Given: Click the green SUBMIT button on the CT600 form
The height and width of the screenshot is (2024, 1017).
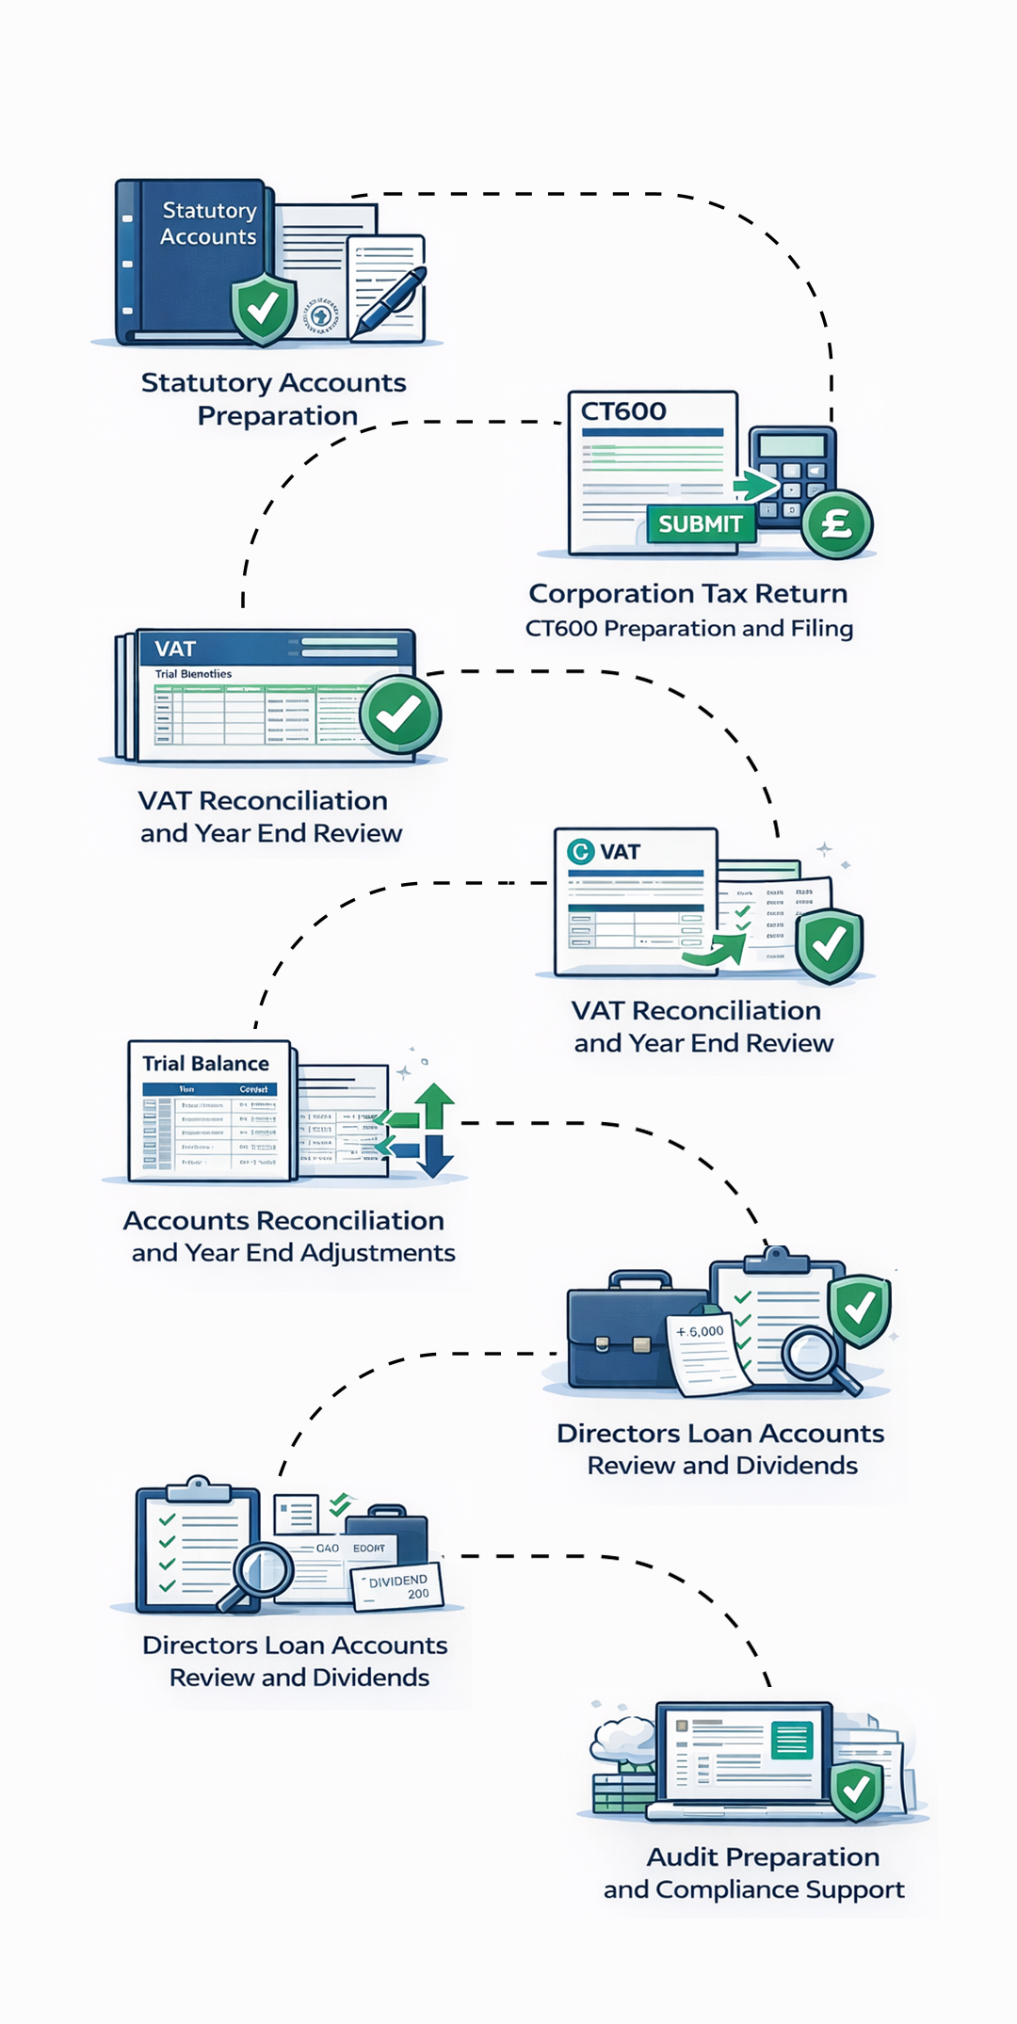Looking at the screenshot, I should (701, 524).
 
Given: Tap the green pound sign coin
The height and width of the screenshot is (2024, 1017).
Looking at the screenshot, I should (837, 523).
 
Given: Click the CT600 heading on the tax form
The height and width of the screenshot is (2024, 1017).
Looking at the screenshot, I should (623, 411).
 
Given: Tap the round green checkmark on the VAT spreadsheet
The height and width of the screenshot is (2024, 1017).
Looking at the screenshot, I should (399, 715).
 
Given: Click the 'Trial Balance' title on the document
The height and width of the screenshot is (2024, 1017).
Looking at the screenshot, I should (205, 1064).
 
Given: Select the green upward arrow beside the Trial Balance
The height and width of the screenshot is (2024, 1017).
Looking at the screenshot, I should (434, 1106).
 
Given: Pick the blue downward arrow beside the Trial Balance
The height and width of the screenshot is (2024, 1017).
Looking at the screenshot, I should (434, 1156).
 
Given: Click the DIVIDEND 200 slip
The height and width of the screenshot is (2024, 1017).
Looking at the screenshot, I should (397, 1587).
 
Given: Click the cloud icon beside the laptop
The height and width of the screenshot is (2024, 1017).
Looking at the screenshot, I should (622, 1738).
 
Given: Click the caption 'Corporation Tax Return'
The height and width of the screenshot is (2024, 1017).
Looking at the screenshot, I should (687, 594).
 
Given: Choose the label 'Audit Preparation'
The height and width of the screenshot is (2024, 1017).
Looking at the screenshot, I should (763, 1856).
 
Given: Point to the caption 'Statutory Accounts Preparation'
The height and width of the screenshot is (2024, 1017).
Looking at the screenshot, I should (274, 399).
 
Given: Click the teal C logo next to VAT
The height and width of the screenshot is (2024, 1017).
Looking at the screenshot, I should (580, 852).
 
